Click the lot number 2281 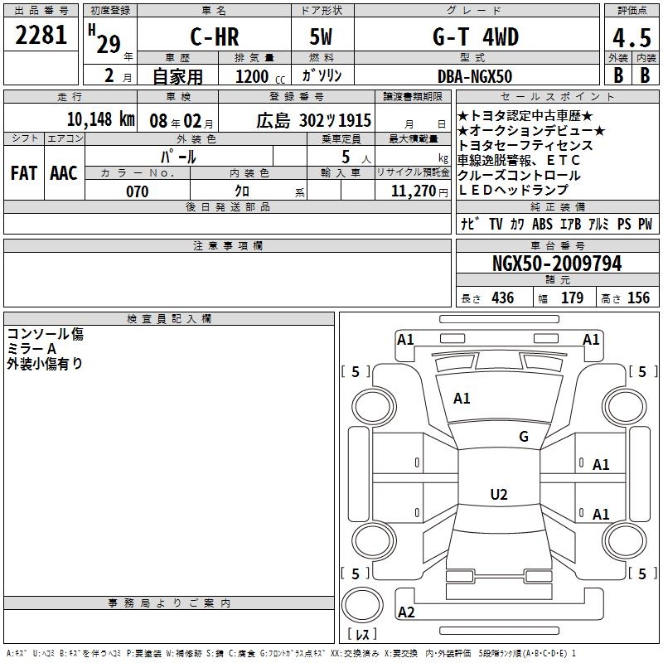click(x=41, y=36)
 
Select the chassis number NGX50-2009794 click(x=557, y=264)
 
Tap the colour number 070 click(x=137, y=191)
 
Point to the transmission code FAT click(x=23, y=173)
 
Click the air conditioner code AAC click(x=63, y=173)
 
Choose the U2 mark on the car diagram click(x=498, y=495)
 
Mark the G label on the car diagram click(x=523, y=437)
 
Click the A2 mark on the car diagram click(x=406, y=612)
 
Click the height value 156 click(x=638, y=298)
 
